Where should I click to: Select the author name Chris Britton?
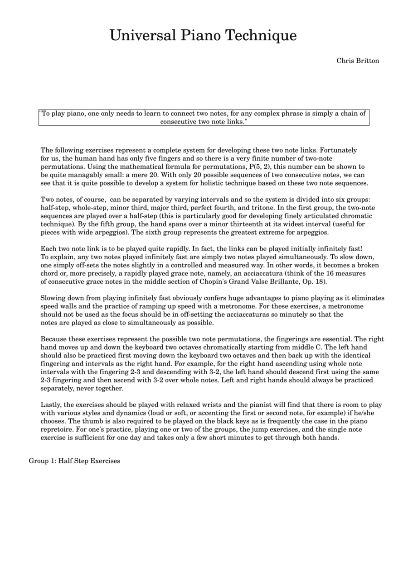[x=358, y=61]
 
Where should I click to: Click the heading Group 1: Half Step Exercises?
[x=74, y=461]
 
